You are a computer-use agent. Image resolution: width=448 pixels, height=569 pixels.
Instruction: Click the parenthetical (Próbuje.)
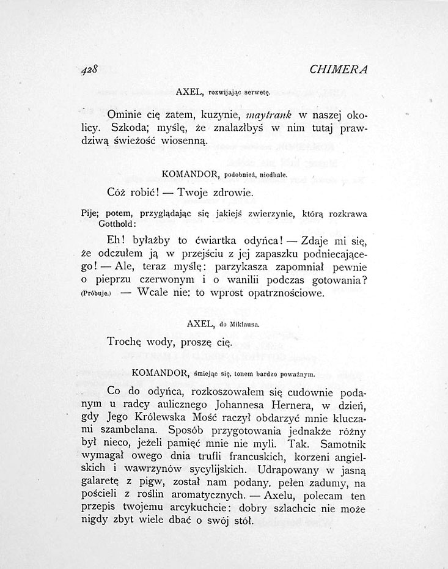point(94,293)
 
